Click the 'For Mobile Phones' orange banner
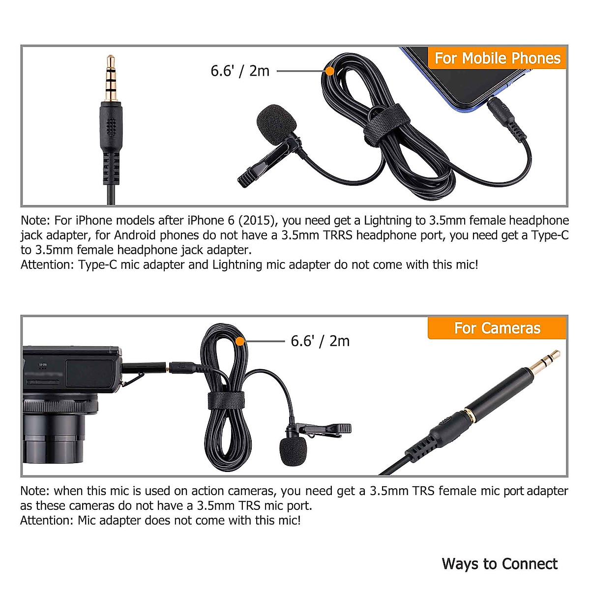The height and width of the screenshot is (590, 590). pos(497,59)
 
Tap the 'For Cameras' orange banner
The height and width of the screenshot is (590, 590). pos(497,328)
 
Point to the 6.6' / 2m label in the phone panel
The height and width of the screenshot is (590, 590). pos(240,71)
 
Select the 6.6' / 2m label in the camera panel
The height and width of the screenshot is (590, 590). pos(320,341)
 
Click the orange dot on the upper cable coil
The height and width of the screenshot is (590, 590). pos(330,71)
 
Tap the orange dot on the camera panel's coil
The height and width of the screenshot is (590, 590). pos(240,341)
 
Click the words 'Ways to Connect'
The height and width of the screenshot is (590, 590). pos(500,563)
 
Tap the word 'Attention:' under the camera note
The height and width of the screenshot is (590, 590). pos(47,520)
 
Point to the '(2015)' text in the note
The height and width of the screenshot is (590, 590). pos(256,220)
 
